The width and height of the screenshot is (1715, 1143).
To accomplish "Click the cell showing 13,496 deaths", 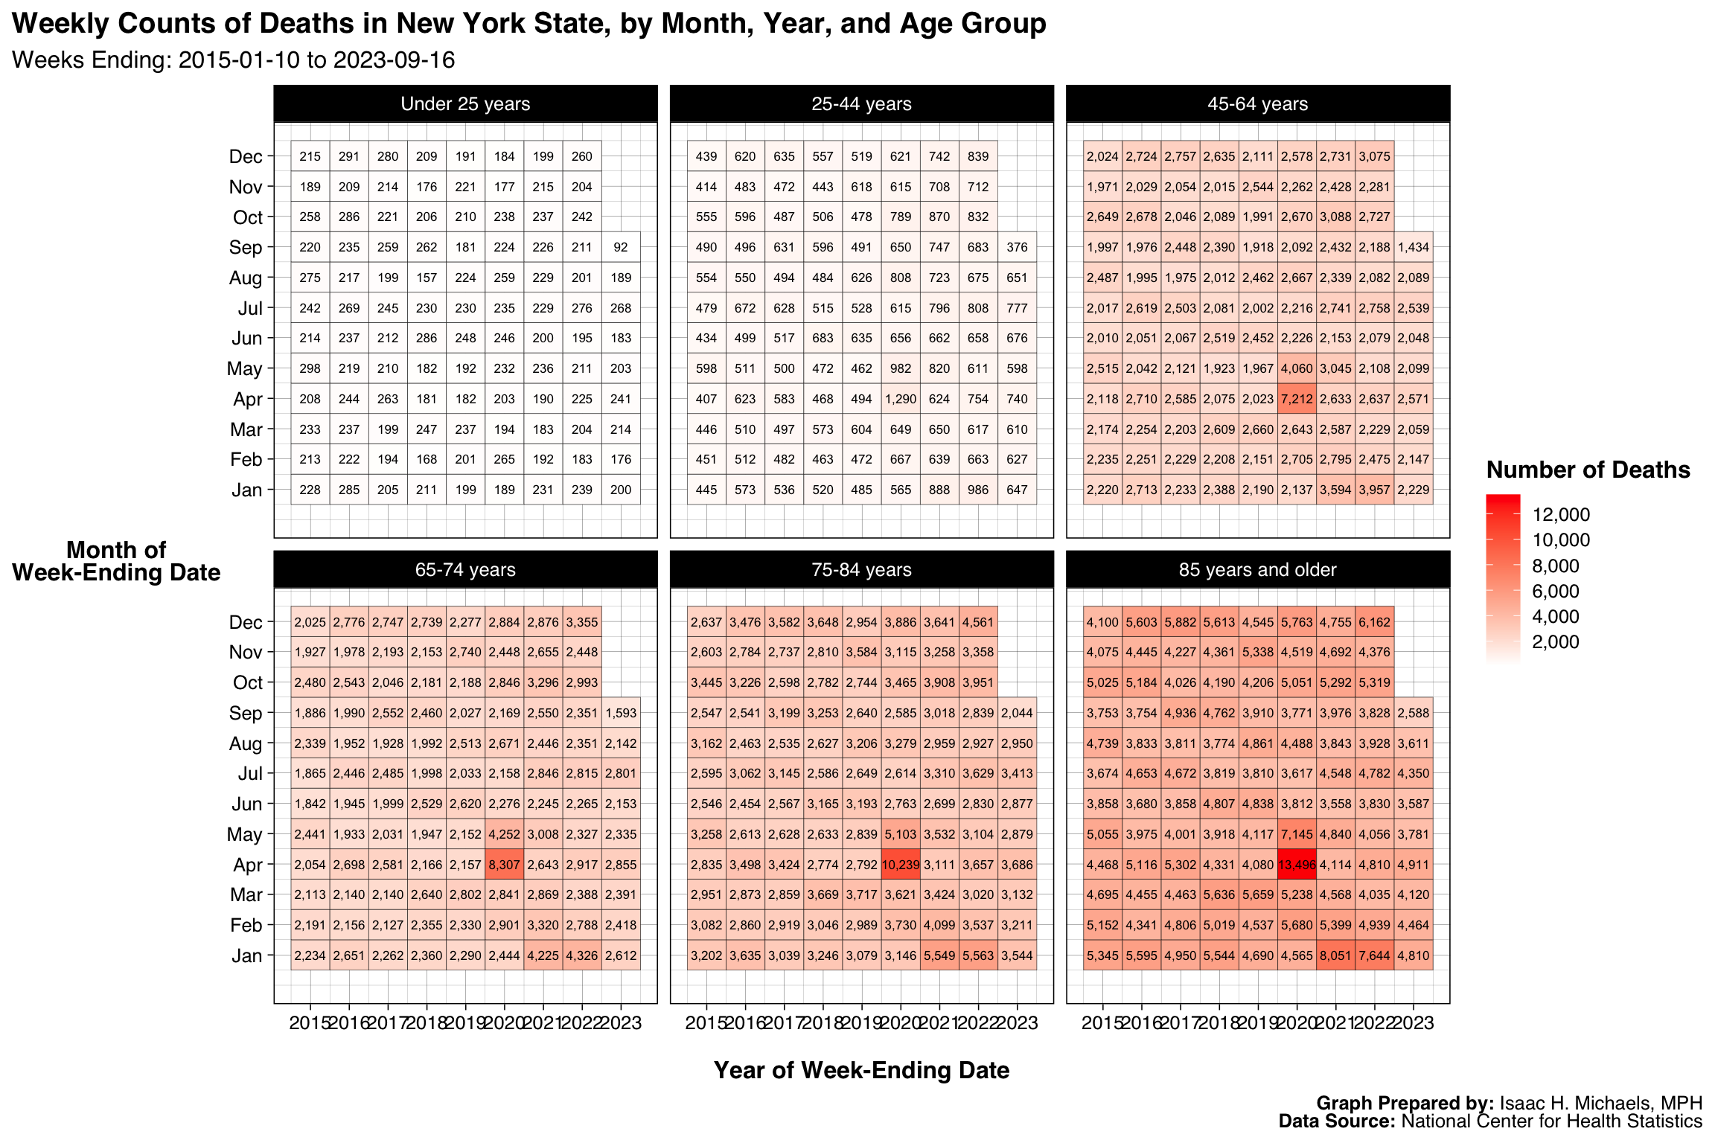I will [x=1297, y=865].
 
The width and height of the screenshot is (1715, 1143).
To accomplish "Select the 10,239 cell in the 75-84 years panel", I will [x=901, y=865].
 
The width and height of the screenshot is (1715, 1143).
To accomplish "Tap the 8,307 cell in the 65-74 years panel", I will [x=505, y=865].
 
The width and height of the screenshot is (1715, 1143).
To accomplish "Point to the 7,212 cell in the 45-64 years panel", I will [x=1297, y=399].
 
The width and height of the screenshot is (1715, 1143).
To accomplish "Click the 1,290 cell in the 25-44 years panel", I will [x=901, y=399].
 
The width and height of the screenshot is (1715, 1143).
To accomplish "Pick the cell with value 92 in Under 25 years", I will [x=621, y=247].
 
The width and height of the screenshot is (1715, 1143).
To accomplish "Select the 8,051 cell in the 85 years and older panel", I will [x=1335, y=955].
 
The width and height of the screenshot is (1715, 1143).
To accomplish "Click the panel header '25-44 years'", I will [x=861, y=104].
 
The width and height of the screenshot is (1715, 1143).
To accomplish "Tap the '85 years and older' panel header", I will [x=1257, y=570].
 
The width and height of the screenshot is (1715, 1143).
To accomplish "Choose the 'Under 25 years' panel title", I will [x=465, y=104].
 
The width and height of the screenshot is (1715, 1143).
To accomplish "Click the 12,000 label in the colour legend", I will [x=1561, y=515].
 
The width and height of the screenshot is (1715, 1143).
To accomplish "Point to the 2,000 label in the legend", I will [x=1556, y=642].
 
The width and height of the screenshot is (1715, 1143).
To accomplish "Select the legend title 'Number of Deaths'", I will [x=1588, y=470].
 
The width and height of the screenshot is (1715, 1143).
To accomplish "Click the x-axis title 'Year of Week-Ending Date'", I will [x=861, y=1070].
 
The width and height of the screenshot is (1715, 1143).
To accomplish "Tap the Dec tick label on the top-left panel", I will [x=246, y=157].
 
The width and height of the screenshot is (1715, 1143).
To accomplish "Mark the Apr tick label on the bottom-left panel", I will [x=248, y=865].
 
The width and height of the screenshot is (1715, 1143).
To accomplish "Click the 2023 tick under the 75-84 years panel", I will [x=1017, y=1023].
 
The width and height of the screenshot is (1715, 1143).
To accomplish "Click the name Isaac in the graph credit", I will [x=1523, y=1103].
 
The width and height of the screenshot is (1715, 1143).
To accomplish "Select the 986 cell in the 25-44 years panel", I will [x=978, y=490].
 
